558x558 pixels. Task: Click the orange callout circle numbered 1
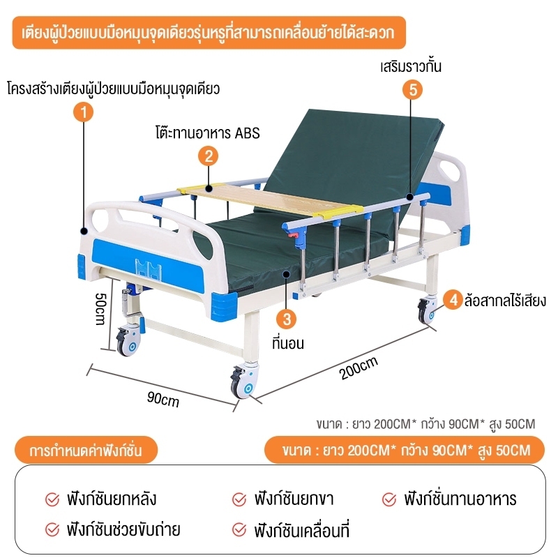coord(83,112)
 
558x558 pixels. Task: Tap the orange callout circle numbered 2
coord(208,156)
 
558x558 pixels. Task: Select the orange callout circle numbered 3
coord(287,319)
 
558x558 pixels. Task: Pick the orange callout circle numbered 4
coord(453,300)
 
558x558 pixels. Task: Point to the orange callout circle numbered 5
coord(412,89)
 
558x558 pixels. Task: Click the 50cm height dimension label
coord(100,309)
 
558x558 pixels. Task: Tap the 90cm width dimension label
coord(163,399)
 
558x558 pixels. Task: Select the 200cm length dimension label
coord(358,368)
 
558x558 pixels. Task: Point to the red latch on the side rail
coord(292,235)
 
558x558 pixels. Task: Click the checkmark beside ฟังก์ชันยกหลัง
coord(52,499)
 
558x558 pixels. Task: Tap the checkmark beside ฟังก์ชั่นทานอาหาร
coord(389,499)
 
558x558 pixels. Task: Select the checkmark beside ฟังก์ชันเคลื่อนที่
coord(239,530)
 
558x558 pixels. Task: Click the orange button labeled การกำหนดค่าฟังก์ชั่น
coord(86,450)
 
